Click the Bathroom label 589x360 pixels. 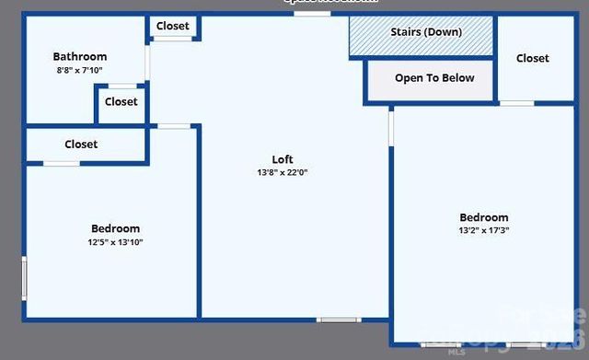point(80,56)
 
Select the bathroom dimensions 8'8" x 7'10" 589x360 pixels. point(80,69)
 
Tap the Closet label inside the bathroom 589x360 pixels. point(121,102)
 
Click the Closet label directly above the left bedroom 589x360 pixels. point(81,145)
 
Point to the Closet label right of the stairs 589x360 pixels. point(532,58)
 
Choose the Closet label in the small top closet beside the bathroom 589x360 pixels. point(172,27)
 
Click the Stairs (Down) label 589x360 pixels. point(426,32)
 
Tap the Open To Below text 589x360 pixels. point(434,78)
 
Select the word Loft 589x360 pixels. point(283,159)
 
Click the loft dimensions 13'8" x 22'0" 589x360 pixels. point(283,172)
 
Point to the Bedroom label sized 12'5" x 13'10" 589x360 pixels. point(115,228)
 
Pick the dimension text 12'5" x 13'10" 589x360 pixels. point(115,242)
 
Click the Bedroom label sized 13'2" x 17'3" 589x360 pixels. point(483,217)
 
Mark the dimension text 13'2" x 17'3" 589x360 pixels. point(483,230)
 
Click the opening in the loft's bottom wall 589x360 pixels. point(339,319)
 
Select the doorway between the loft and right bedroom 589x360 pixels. point(391,128)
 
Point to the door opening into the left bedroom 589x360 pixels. point(174,126)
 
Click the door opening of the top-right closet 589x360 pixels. point(516,103)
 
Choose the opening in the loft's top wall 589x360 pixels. point(312,14)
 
